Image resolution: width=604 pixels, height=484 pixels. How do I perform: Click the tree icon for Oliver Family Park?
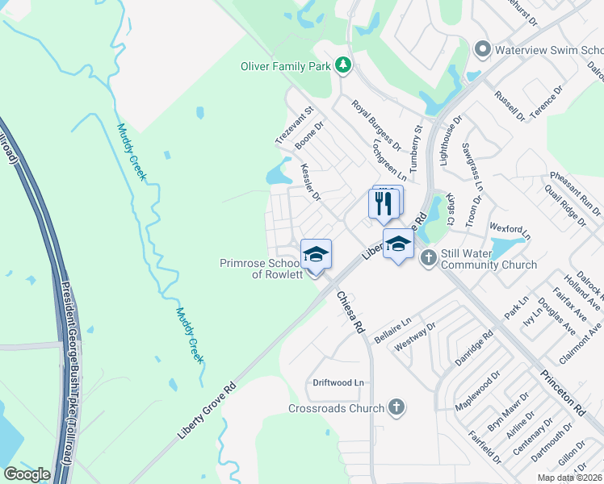tap(344, 64)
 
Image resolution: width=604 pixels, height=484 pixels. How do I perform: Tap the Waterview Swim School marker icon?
tap(483, 49)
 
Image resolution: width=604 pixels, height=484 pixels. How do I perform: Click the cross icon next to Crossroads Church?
tap(396, 407)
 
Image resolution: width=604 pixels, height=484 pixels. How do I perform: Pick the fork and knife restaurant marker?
tap(384, 202)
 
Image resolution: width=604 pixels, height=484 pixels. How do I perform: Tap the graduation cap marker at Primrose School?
tap(316, 254)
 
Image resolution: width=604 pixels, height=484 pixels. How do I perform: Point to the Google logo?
tap(27, 474)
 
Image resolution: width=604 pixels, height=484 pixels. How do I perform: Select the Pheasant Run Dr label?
tap(576, 190)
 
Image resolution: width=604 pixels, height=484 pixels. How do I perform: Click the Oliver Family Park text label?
tap(287, 65)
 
